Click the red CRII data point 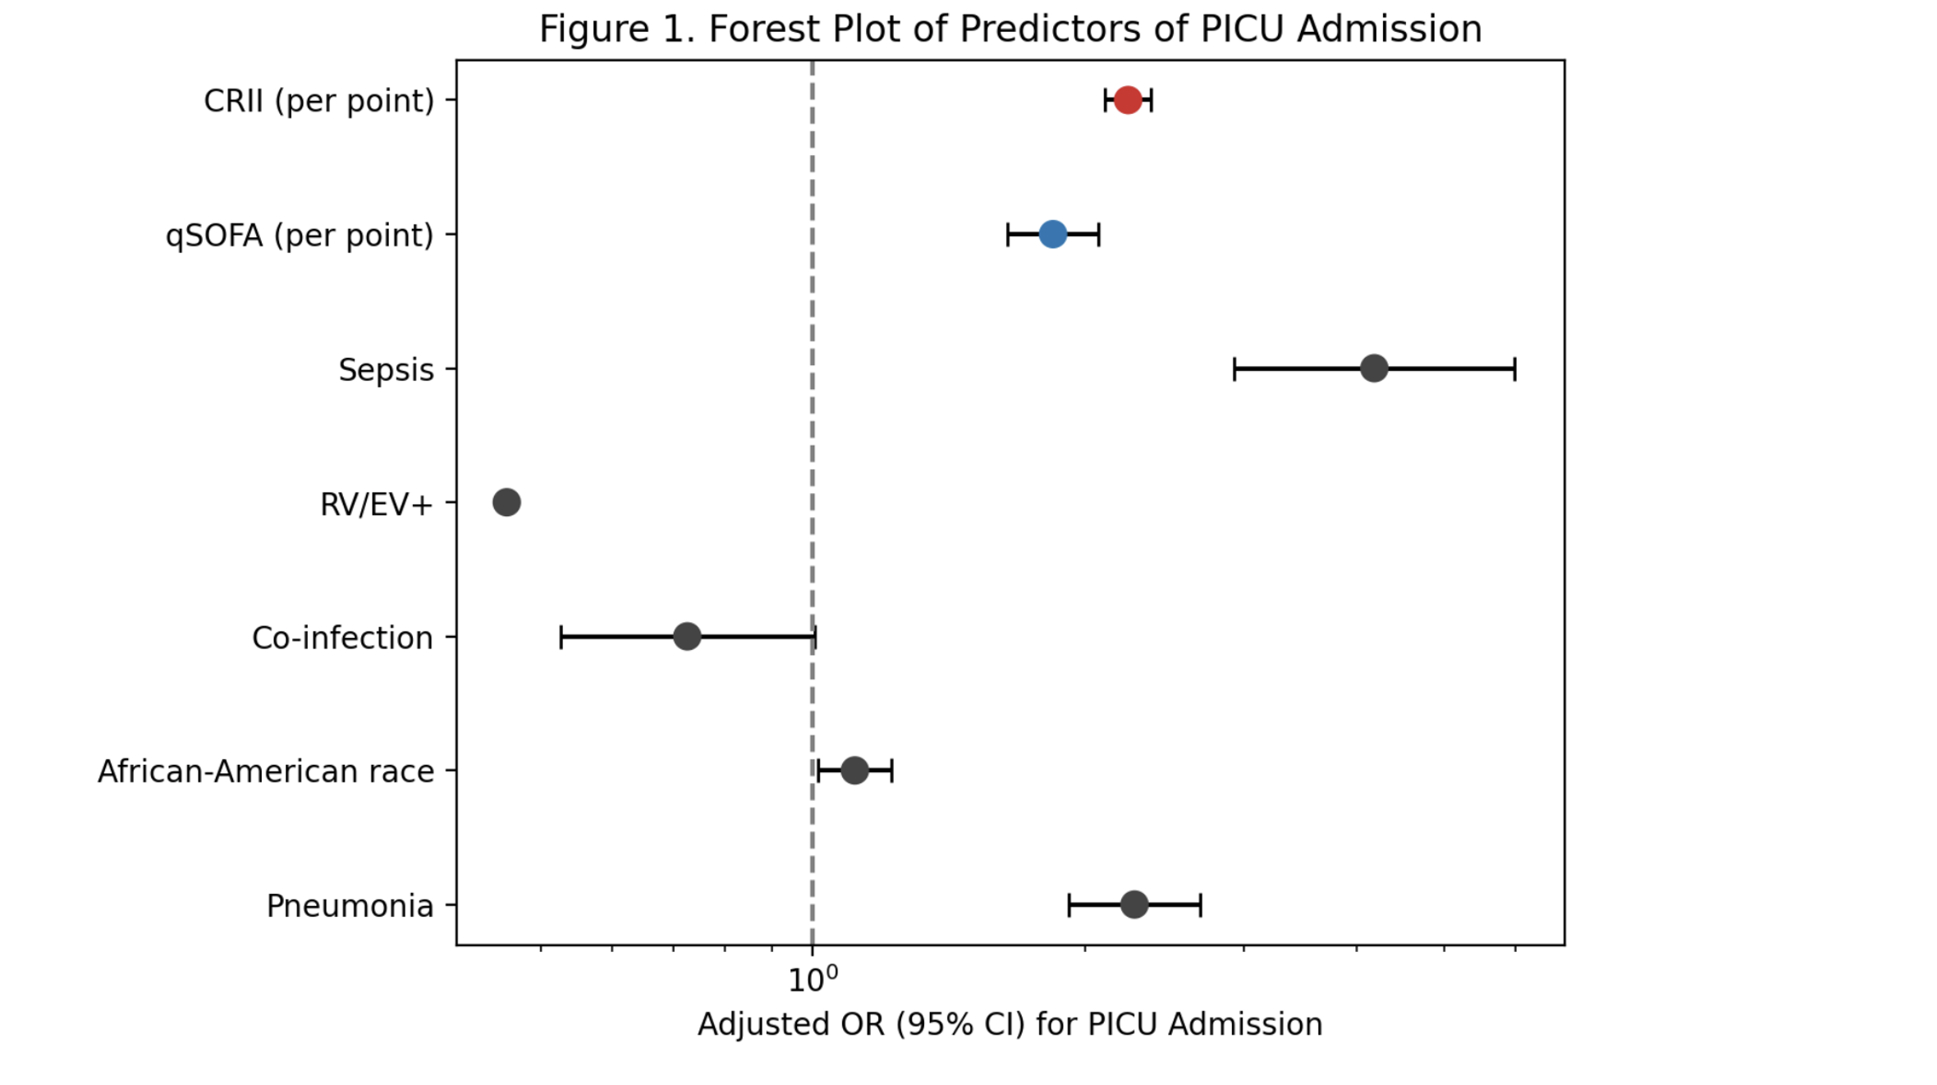(1128, 100)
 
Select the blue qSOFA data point (1052, 235)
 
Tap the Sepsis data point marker (1374, 369)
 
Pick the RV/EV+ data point (506, 502)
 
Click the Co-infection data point (687, 636)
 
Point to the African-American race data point (854, 771)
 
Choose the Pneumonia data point (1134, 904)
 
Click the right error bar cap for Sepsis (1514, 369)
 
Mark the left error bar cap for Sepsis (1234, 369)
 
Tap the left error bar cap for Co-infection (561, 636)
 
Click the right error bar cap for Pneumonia (1201, 904)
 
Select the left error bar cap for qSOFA (1008, 235)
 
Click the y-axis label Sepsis (386, 370)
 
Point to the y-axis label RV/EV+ (376, 504)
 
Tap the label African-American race (266, 771)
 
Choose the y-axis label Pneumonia (350, 906)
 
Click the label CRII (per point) (318, 101)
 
